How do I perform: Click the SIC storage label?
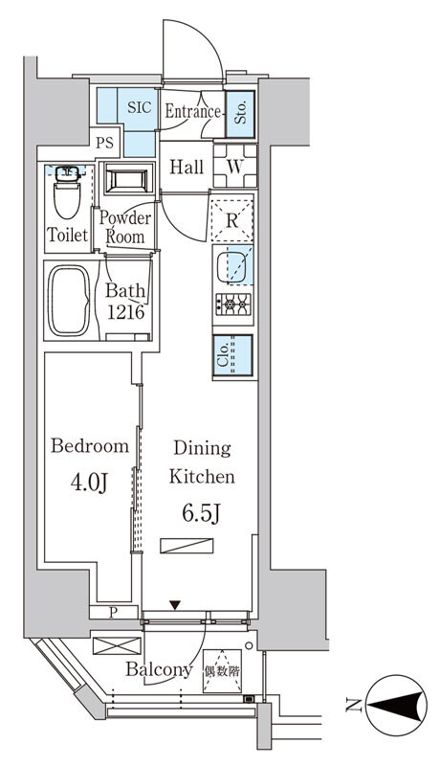tap(140, 107)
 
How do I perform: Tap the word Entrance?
tap(192, 111)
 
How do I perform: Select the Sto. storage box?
tap(240, 114)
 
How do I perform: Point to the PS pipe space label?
tap(104, 143)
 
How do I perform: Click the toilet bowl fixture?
tap(67, 192)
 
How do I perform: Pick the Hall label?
tap(187, 168)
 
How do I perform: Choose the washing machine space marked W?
tap(234, 167)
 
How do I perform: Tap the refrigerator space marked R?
tap(232, 220)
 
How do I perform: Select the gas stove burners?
tap(233, 304)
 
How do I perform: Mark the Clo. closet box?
tap(232, 354)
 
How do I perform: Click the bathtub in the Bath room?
tap(69, 301)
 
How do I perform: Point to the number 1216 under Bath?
tap(125, 312)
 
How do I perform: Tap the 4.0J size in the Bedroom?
tap(89, 483)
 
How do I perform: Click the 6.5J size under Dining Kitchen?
tap(202, 513)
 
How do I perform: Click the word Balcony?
tap(159, 669)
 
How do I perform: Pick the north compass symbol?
tap(396, 705)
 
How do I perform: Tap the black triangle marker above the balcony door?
tap(175, 605)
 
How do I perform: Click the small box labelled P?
tap(114, 612)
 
